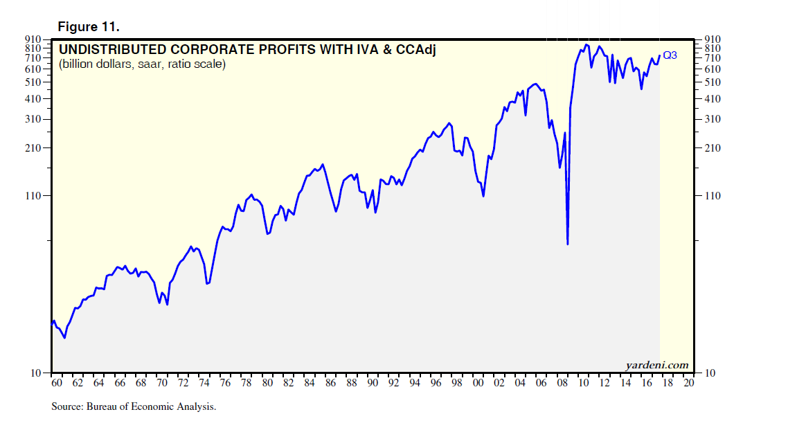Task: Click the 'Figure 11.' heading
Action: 89,27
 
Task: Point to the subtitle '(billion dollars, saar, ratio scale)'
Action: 142,64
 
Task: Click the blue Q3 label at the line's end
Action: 670,55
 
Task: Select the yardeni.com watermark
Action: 657,365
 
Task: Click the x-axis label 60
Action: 57,382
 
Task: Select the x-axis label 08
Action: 562,382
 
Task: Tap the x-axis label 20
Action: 688,382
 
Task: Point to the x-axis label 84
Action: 310,382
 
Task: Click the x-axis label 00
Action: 478,382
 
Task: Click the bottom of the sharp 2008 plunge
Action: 568,244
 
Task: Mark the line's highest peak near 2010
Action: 586,45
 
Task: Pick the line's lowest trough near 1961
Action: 64,338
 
